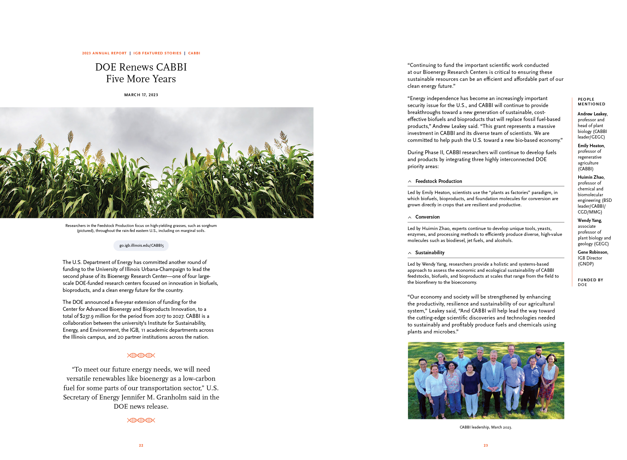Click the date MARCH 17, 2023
141,95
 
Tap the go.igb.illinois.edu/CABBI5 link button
141,246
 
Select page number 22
141,446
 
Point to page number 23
486,446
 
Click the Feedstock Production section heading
439,181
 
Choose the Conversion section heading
427,217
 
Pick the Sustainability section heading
430,253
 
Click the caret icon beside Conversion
410,217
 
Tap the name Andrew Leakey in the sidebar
592,114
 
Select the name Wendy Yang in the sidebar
590,220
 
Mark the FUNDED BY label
590,280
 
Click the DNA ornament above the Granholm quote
141,355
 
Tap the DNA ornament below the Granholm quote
141,420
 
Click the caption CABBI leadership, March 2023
486,427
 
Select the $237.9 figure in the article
87,316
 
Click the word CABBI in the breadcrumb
194,53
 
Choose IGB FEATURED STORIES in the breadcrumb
157,53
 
